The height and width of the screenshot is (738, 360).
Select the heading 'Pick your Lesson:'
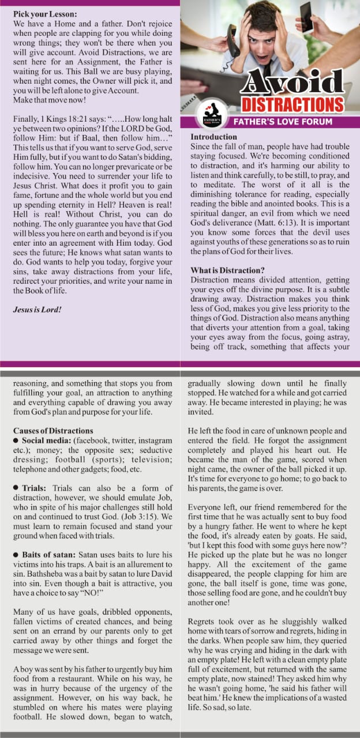click(44, 13)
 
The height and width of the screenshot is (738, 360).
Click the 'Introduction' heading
click(213, 137)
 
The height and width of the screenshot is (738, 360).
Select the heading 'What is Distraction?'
click(227, 271)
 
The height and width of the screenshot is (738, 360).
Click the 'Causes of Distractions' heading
click(53, 431)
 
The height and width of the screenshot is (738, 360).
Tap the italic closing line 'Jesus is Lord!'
click(37, 310)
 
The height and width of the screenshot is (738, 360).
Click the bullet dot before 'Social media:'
click(16, 441)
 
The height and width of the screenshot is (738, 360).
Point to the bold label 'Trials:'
click(35, 488)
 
